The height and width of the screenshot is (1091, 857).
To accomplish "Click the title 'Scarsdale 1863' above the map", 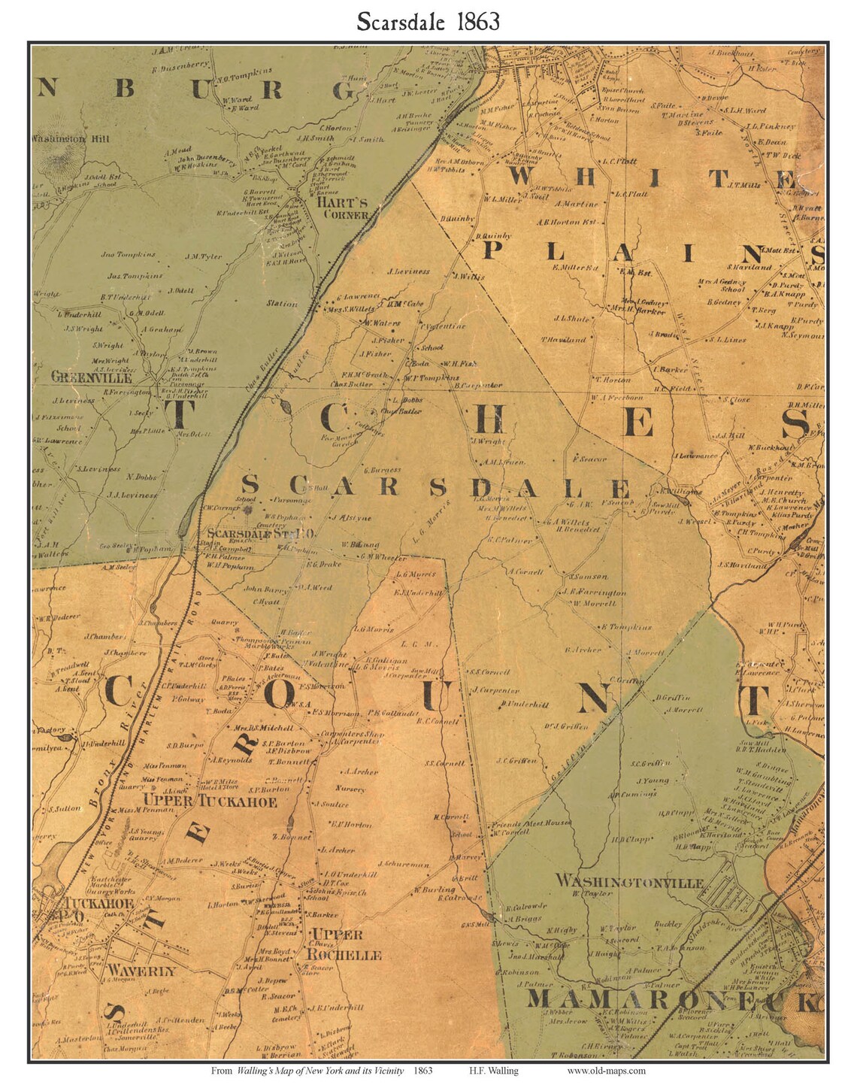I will click(x=428, y=21).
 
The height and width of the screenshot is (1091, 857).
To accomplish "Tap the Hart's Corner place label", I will click(x=342, y=208).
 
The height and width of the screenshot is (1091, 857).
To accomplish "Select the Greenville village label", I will click(x=92, y=377).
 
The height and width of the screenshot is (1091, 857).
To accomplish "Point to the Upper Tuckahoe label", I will click(x=210, y=802).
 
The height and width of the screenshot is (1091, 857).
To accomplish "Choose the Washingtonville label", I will click(x=629, y=881).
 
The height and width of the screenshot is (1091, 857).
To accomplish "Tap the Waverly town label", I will click(x=141, y=971).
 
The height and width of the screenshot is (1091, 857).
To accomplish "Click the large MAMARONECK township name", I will click(x=673, y=1001).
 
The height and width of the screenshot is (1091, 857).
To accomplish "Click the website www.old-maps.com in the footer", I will click(x=606, y=1071).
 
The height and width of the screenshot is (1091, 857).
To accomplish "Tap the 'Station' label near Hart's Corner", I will click(x=282, y=304).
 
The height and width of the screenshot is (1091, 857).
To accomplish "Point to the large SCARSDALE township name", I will click(x=436, y=486).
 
